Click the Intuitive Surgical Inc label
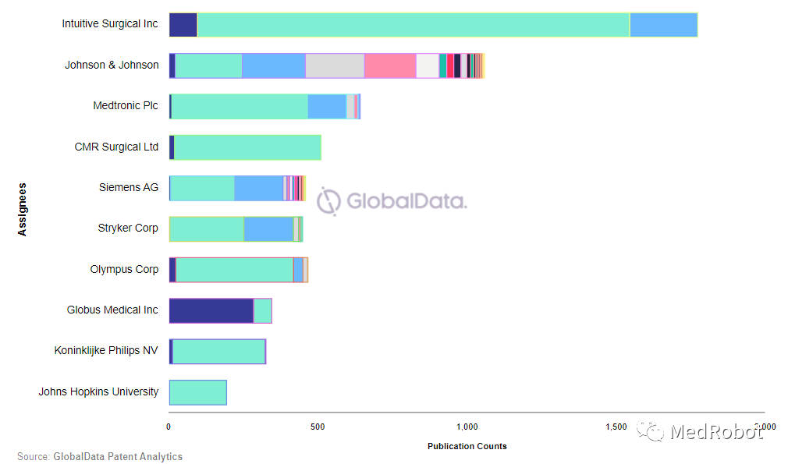110,24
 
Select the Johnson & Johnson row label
112,66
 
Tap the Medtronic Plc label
126,106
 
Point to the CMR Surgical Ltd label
116,147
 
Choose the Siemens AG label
129,188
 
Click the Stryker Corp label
128,228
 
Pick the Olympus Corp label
124,270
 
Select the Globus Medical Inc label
112,310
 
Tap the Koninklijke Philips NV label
106,351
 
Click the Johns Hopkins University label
98,392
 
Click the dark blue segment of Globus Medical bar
211,310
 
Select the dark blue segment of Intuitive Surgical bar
183,25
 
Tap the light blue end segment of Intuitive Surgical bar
663,25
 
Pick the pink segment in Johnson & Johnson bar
389,66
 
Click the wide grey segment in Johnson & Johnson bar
335,66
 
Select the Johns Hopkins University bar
197,392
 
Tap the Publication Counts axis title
467,446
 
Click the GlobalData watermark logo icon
328,201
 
